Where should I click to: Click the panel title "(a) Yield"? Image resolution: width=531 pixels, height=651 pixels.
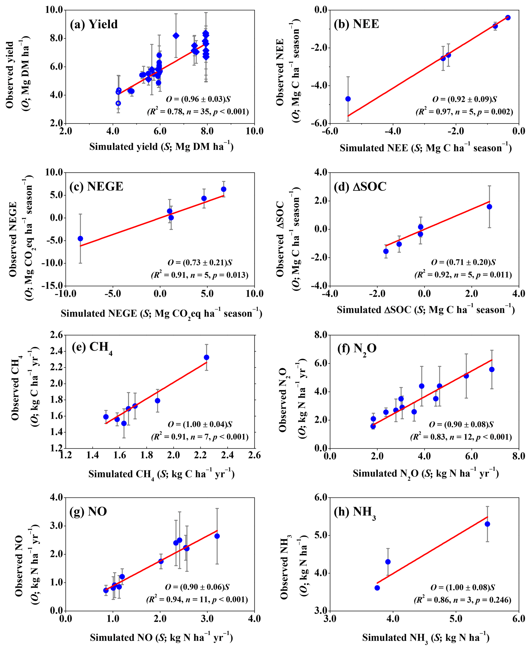94,24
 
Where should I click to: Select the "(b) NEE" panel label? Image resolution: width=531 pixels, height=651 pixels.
356,24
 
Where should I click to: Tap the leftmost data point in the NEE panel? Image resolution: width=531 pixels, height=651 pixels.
348,99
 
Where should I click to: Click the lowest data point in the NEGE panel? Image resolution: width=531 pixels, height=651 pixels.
80,238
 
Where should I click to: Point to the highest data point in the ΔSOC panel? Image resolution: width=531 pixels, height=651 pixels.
489,207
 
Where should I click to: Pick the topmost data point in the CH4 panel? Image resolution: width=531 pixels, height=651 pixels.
207,357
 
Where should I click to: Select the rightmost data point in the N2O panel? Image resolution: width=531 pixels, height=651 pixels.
492,369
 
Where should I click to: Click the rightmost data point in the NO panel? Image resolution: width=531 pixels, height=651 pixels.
217,536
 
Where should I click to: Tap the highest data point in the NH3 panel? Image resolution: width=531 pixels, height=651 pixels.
487,524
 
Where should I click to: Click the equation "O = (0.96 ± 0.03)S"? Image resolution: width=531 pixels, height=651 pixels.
198,99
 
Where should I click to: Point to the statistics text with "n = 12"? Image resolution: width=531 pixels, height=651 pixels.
461,437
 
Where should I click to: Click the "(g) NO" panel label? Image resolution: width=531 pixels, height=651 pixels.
88,511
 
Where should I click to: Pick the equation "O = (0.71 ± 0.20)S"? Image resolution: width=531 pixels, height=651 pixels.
463,262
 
